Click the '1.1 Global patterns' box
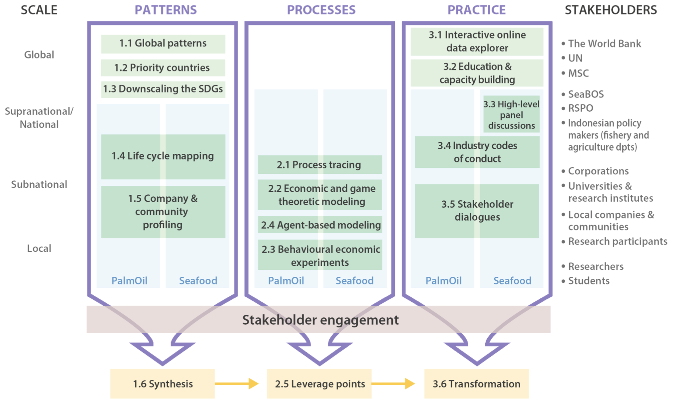pyautogui.click(x=163, y=44)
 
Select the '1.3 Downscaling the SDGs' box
pyautogui.click(x=163, y=89)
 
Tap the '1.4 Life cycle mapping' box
pyautogui.click(x=163, y=156)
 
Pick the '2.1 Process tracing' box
pyautogui.click(x=320, y=164)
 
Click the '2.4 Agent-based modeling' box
pyautogui.click(x=320, y=225)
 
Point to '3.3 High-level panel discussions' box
pyautogui.click(x=511, y=115)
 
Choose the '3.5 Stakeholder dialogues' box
pyautogui.click(x=477, y=211)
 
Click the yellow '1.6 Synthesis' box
pyautogui.click(x=163, y=384)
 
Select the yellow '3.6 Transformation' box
pyautogui.click(x=476, y=384)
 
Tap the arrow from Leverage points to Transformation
pyautogui.click(x=393, y=384)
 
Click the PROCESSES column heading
pyautogui.click(x=321, y=10)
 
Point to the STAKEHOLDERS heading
pyautogui.click(x=611, y=10)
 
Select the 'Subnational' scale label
pyautogui.click(x=39, y=184)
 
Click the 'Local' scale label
pyautogui.click(x=39, y=249)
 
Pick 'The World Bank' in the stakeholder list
pyautogui.click(x=604, y=44)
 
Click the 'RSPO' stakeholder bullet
pyautogui.click(x=580, y=108)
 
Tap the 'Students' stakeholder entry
pyautogui.click(x=589, y=281)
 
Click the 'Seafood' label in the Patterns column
pyautogui.click(x=198, y=281)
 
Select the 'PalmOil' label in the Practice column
pyautogui.click(x=443, y=281)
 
